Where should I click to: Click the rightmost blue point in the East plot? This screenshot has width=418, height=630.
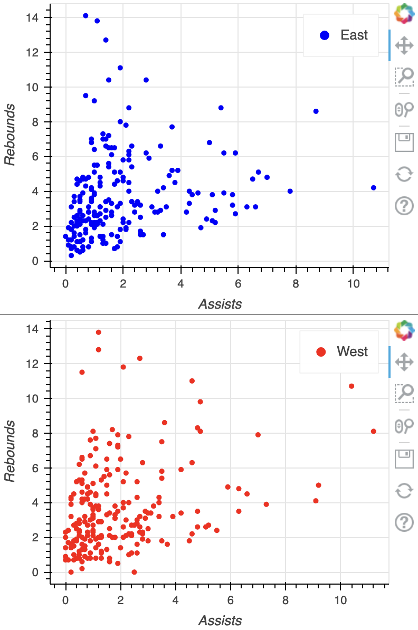point(374,187)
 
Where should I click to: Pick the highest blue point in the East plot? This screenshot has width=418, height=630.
point(85,16)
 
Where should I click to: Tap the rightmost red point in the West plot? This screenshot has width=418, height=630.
point(374,431)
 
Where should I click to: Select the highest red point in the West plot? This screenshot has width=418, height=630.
point(99,332)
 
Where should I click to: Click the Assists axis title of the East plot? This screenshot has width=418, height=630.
point(220,304)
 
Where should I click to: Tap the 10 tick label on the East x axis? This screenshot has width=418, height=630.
point(354,282)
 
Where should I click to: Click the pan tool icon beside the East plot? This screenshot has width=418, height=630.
point(404,45)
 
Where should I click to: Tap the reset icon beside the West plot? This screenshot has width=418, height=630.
point(404,491)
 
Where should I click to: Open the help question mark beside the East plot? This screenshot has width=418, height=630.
point(404,206)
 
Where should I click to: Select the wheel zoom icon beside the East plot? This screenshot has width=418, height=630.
point(404,109)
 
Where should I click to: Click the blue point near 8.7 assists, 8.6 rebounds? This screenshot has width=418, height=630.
point(316,111)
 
